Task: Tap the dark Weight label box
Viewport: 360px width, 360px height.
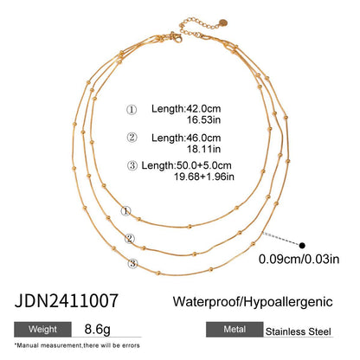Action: pyautogui.click(x=41, y=329)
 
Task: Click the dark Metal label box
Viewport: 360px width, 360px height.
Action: pyautogui.click(x=232, y=329)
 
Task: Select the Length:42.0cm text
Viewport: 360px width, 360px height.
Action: pyautogui.click(x=186, y=108)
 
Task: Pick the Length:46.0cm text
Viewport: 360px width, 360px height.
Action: pyautogui.click(x=186, y=138)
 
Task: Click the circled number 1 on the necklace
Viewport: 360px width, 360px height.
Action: pyautogui.click(x=125, y=210)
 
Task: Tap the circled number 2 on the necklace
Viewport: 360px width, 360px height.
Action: pyautogui.click(x=130, y=238)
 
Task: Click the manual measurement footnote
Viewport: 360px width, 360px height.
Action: pyautogui.click(x=79, y=347)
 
